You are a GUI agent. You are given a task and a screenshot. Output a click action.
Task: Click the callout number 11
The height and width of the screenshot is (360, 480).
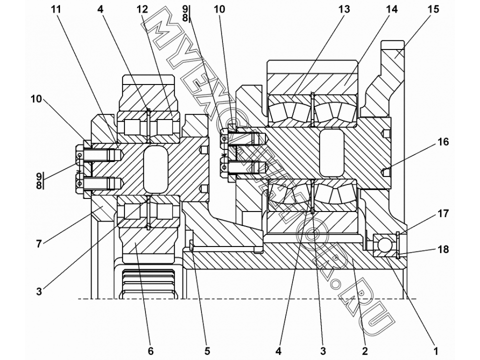click(56, 9)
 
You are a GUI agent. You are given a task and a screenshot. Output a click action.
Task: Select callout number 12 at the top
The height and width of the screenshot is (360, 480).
click(142, 9)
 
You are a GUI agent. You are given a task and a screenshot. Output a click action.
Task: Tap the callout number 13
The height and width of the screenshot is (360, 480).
click(344, 9)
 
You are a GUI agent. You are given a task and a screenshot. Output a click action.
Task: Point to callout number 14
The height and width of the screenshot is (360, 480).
click(391, 9)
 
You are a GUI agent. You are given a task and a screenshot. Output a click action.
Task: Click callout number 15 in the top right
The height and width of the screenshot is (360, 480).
click(433, 9)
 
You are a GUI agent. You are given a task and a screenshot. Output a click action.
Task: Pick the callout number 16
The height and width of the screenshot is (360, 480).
click(443, 142)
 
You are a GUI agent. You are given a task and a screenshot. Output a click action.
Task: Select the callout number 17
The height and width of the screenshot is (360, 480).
click(443, 213)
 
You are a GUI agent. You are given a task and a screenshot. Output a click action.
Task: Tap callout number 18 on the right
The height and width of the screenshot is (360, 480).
click(443, 249)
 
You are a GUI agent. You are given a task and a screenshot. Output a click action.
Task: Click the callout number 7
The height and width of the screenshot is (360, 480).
click(39, 244)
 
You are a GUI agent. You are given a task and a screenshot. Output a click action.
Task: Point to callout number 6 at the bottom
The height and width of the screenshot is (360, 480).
click(150, 351)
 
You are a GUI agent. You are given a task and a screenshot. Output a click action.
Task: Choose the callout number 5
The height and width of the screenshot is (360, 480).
click(207, 351)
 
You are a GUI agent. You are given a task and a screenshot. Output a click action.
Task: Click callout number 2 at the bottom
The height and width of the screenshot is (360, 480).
click(364, 351)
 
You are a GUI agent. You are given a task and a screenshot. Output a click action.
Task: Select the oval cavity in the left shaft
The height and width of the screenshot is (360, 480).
click(155, 169)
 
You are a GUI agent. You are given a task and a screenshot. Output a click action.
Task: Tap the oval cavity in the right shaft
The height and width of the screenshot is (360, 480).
click(331, 153)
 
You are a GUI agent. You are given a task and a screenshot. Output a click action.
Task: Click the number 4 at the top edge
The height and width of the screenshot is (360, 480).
click(100, 9)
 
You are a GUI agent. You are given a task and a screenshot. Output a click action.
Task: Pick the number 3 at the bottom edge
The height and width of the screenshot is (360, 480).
click(323, 351)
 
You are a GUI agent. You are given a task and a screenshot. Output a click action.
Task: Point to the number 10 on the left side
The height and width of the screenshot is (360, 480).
click(36, 99)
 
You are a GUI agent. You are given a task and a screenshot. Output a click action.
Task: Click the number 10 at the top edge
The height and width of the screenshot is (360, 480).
click(219, 9)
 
